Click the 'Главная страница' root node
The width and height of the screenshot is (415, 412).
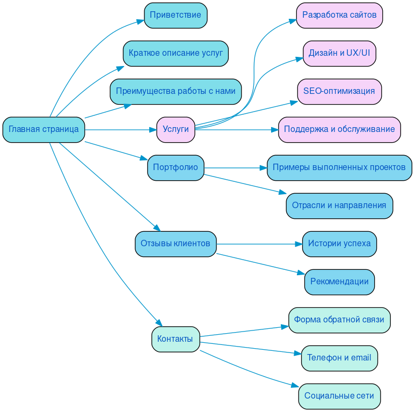43,129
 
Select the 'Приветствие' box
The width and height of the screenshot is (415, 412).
176,15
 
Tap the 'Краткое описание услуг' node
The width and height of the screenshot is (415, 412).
176,53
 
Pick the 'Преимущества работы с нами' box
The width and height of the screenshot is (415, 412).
176,91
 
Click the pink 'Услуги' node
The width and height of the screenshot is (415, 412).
176,129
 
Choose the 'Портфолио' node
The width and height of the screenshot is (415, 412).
176,167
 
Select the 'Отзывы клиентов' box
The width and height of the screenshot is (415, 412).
176,244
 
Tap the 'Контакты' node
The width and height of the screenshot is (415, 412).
176,339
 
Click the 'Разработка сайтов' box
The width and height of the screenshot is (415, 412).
339,15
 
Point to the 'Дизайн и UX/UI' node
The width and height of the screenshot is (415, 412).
339,53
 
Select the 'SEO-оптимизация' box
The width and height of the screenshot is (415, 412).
339,91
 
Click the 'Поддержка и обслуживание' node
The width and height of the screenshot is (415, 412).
339,129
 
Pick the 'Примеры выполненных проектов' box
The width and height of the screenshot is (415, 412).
339,167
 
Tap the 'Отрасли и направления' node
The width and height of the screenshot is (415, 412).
339,205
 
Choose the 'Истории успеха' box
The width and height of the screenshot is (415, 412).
339,244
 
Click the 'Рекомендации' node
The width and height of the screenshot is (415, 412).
339,282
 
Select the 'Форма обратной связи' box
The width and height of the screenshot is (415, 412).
339,320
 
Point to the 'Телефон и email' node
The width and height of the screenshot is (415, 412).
339,358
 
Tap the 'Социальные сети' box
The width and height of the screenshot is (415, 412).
339,396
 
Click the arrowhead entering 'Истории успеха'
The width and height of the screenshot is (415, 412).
298,244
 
